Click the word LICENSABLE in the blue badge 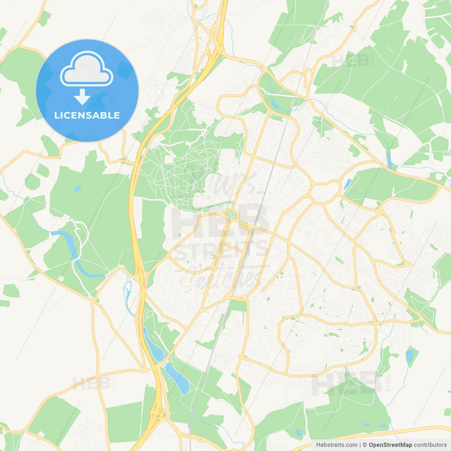[87, 116]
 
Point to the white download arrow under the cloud [82, 97]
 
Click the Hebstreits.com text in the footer [336, 445]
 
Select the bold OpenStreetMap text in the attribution [390, 445]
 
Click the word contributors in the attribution [430, 445]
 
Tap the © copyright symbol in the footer [365, 445]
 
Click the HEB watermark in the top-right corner [351, 61]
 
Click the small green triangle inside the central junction [231, 214]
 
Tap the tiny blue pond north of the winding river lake [77, 189]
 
